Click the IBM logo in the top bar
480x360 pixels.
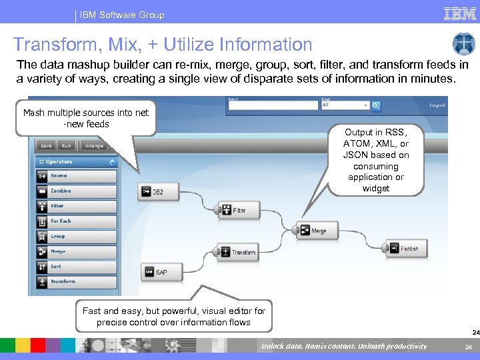[x=459, y=14]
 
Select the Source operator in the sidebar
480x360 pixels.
[x=77, y=176]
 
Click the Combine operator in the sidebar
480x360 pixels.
[x=77, y=191]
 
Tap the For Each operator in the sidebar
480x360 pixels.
[x=77, y=221]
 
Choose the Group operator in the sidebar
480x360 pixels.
[x=77, y=237]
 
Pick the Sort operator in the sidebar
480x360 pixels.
[x=77, y=267]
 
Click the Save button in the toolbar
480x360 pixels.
[x=46, y=145]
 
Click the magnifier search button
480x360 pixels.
[x=376, y=105]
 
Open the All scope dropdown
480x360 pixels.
[x=345, y=105]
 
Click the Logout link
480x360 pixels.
[x=437, y=105]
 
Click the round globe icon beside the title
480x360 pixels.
[x=463, y=44]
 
